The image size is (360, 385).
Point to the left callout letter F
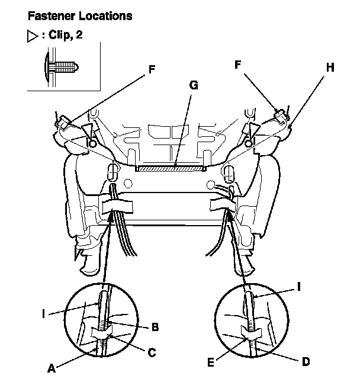click(152, 69)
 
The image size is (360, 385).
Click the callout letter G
click(193, 85)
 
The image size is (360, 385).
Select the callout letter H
click(330, 67)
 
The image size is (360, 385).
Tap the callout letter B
click(155, 326)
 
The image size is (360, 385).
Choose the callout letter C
click(152, 353)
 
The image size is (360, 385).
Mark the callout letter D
click(306, 360)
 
